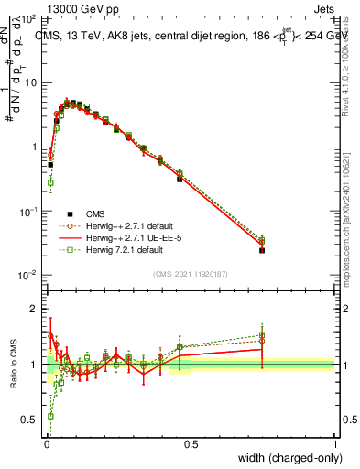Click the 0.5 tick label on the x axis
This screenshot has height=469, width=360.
tap(191, 444)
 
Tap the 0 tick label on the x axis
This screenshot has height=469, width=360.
tap(46, 444)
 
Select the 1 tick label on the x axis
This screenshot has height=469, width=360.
tap(335, 444)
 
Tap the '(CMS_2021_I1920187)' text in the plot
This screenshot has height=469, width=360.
tap(190, 273)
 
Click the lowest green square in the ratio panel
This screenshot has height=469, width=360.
tap(50, 416)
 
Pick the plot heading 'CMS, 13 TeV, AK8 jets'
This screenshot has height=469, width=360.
tap(101, 37)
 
